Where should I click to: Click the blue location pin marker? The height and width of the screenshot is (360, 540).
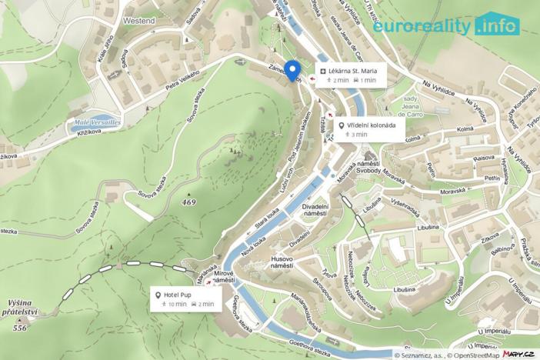292,69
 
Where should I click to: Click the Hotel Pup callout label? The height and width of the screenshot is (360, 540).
185,298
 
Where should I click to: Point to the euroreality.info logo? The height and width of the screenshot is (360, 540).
447,25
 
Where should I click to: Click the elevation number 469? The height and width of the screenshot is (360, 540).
189,202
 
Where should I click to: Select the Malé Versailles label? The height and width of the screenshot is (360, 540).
97,122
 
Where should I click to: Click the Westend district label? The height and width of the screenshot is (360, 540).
138,21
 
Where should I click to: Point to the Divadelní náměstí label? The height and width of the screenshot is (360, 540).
315,212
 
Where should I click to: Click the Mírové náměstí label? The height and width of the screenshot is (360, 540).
224,276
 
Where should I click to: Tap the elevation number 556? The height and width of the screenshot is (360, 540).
20,328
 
